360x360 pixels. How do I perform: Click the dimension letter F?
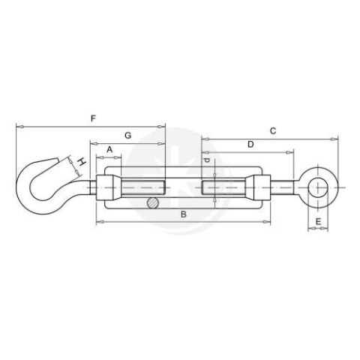coord(93,118)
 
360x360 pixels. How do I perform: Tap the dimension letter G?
coord(127,136)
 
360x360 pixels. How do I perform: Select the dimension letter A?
coord(109,149)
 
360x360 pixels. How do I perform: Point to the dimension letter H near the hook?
coord(81,162)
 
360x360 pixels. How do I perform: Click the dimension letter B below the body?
coord(184,214)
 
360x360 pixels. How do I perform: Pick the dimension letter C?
coord(273,130)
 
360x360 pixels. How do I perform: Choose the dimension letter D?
coord(250,144)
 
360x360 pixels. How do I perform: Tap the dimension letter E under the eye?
coord(318,221)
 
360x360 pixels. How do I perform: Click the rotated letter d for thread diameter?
coord(206,160)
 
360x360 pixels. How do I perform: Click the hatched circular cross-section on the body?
coord(153,202)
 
